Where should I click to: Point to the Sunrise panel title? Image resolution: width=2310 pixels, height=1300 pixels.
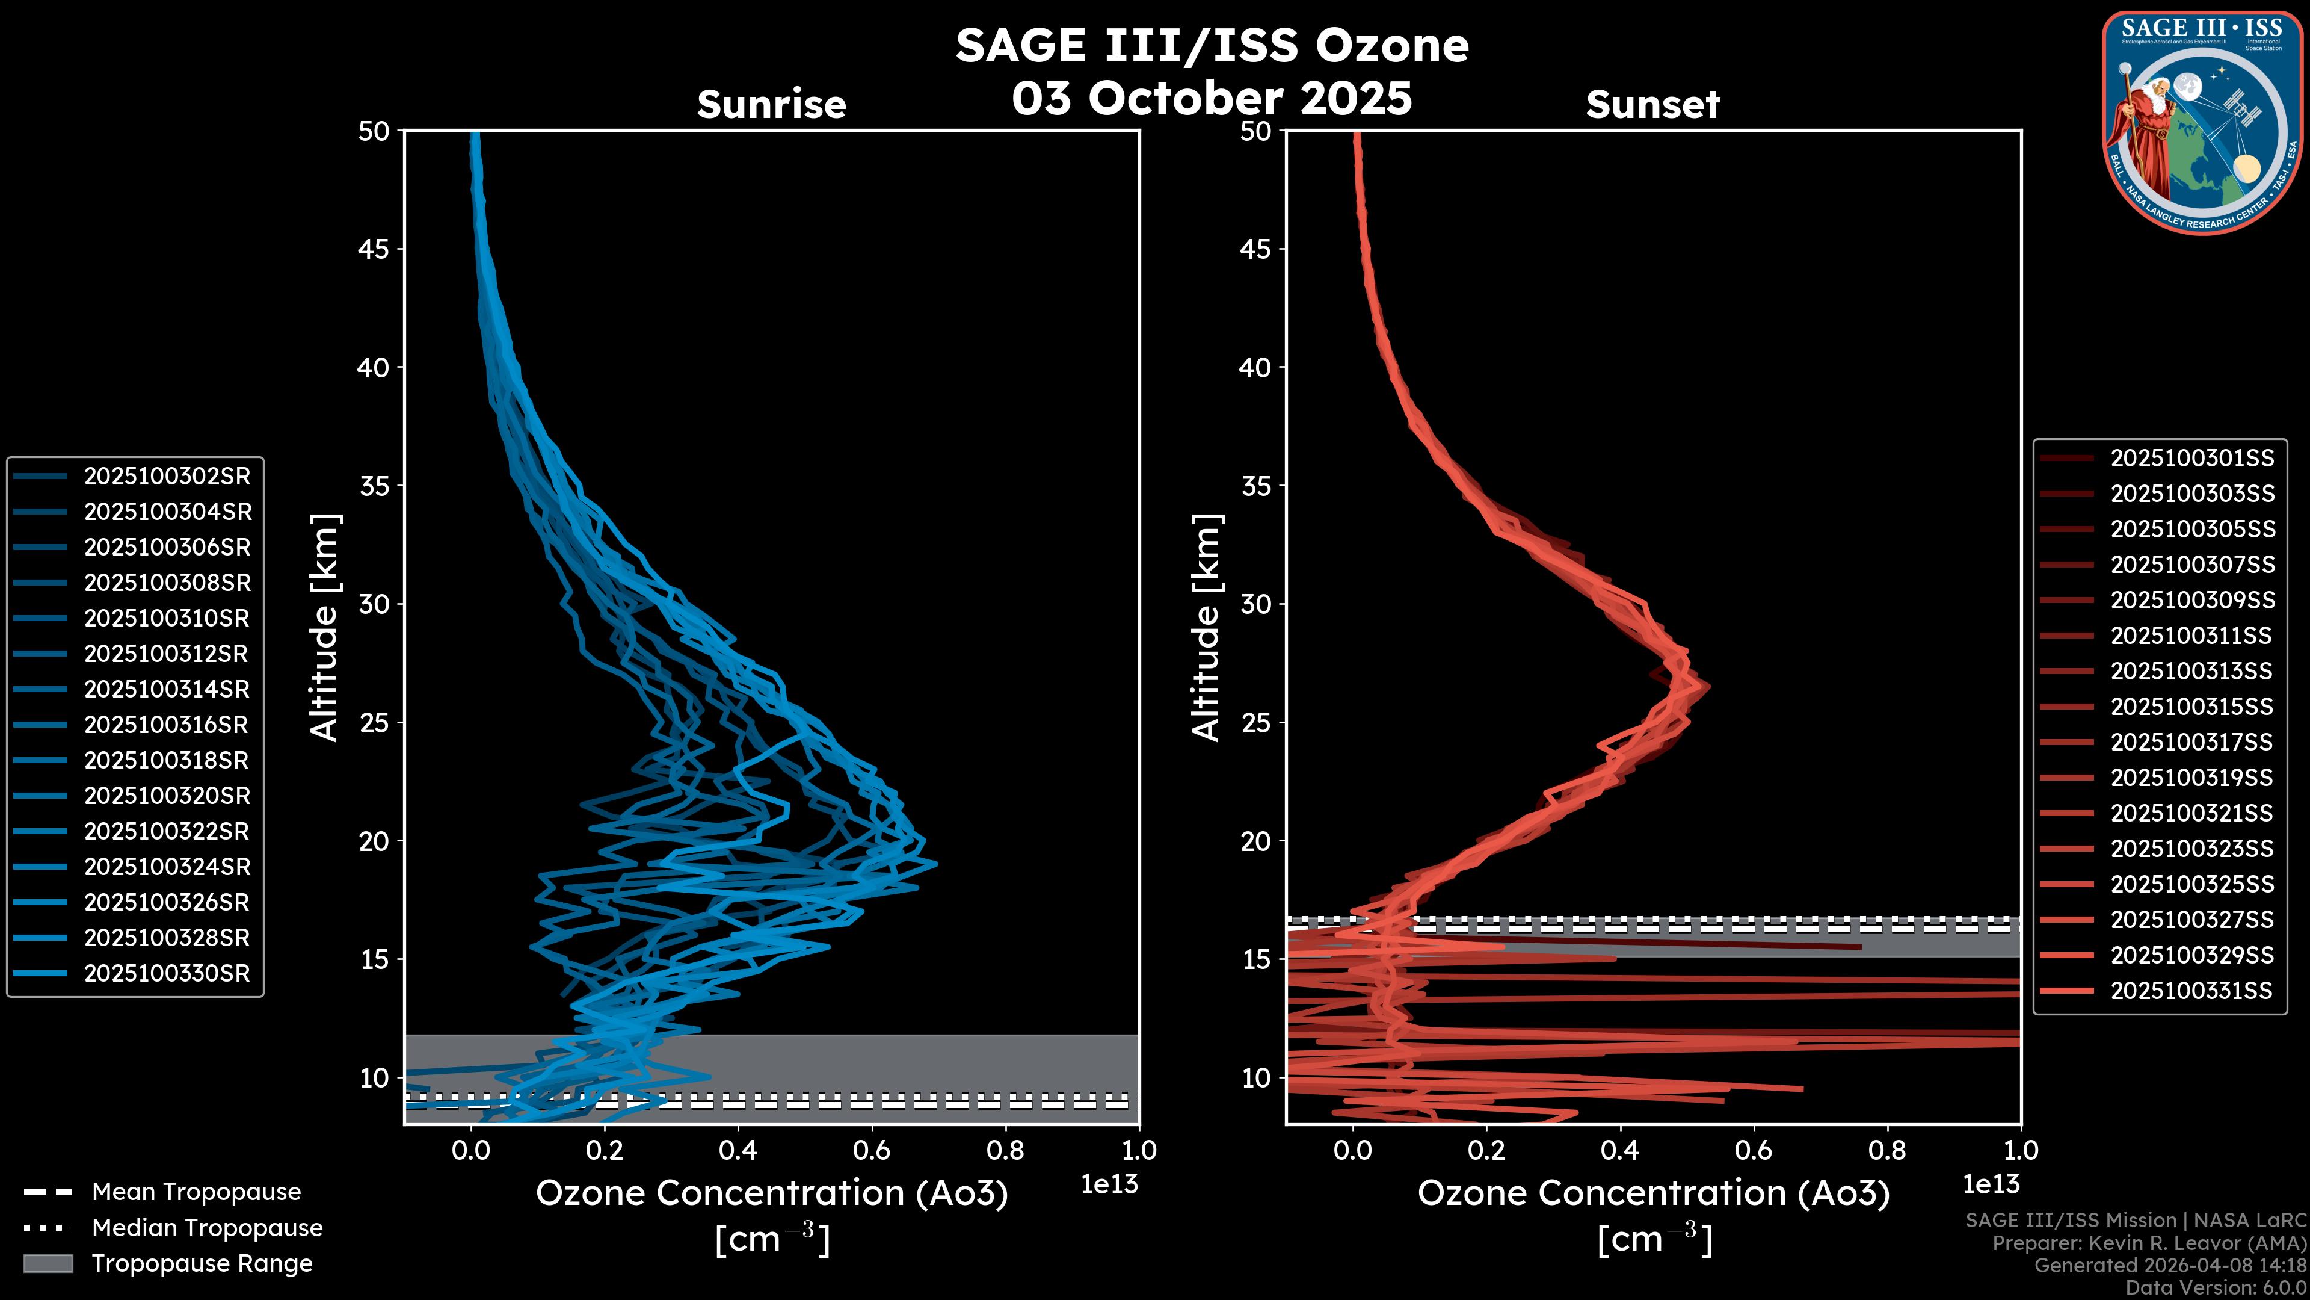pos(771,105)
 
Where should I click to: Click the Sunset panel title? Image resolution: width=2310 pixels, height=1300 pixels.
pos(1652,105)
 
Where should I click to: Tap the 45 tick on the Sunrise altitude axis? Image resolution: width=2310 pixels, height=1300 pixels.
pos(374,249)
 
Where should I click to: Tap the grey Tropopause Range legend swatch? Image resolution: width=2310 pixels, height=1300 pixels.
pos(48,1263)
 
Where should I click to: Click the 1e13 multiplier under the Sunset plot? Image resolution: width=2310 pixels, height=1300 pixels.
pos(1991,1184)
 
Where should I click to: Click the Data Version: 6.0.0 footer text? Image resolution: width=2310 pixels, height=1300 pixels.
pos(2217,1287)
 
